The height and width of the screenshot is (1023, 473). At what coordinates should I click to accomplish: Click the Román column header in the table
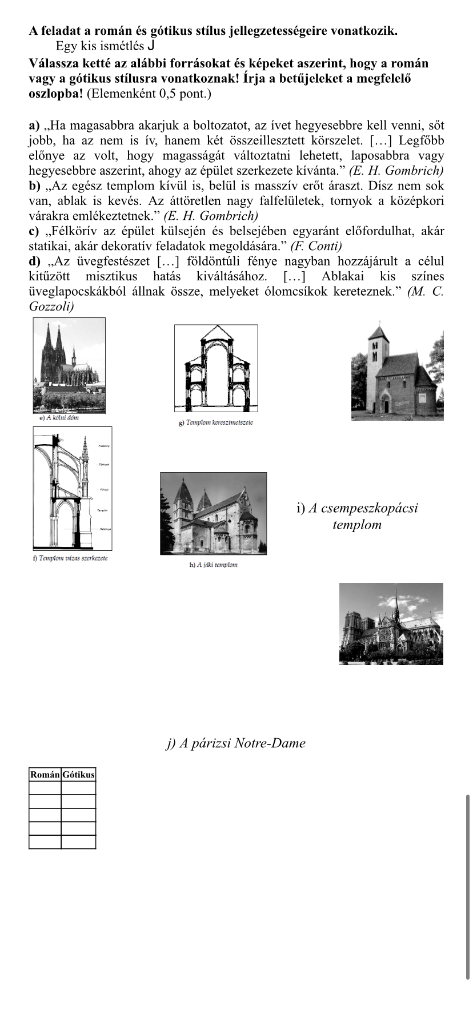pos(45,775)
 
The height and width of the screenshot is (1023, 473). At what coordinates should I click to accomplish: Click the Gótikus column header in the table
pos(78,775)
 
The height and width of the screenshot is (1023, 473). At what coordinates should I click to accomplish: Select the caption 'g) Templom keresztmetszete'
pos(216,422)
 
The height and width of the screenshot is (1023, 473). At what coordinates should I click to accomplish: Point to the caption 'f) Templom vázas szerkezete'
pos(70,558)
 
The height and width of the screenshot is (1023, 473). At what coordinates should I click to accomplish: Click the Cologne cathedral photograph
pos(69,365)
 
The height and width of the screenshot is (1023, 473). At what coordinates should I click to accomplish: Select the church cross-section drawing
pos(216,368)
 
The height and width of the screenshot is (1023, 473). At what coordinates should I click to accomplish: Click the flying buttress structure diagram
pos(72,488)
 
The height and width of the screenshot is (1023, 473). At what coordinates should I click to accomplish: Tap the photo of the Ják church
pos(213,513)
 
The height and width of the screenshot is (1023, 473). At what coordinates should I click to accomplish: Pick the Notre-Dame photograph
pos(391,623)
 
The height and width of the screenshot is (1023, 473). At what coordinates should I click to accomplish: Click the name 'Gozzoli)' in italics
pos(51,307)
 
